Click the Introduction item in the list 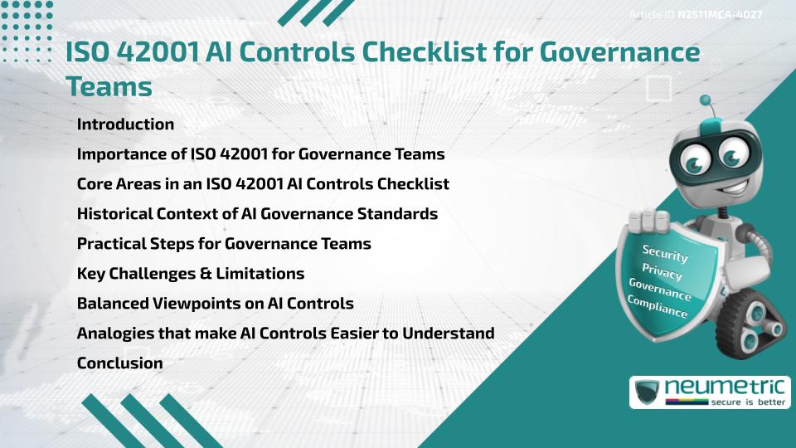[125, 124]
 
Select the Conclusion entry [119, 363]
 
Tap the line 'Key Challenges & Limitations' [191, 273]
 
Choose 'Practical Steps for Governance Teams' [224, 244]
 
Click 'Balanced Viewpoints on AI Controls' [216, 303]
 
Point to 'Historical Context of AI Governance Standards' [257, 213]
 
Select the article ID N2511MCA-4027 [720, 14]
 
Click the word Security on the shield [665, 253]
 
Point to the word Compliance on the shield [658, 306]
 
